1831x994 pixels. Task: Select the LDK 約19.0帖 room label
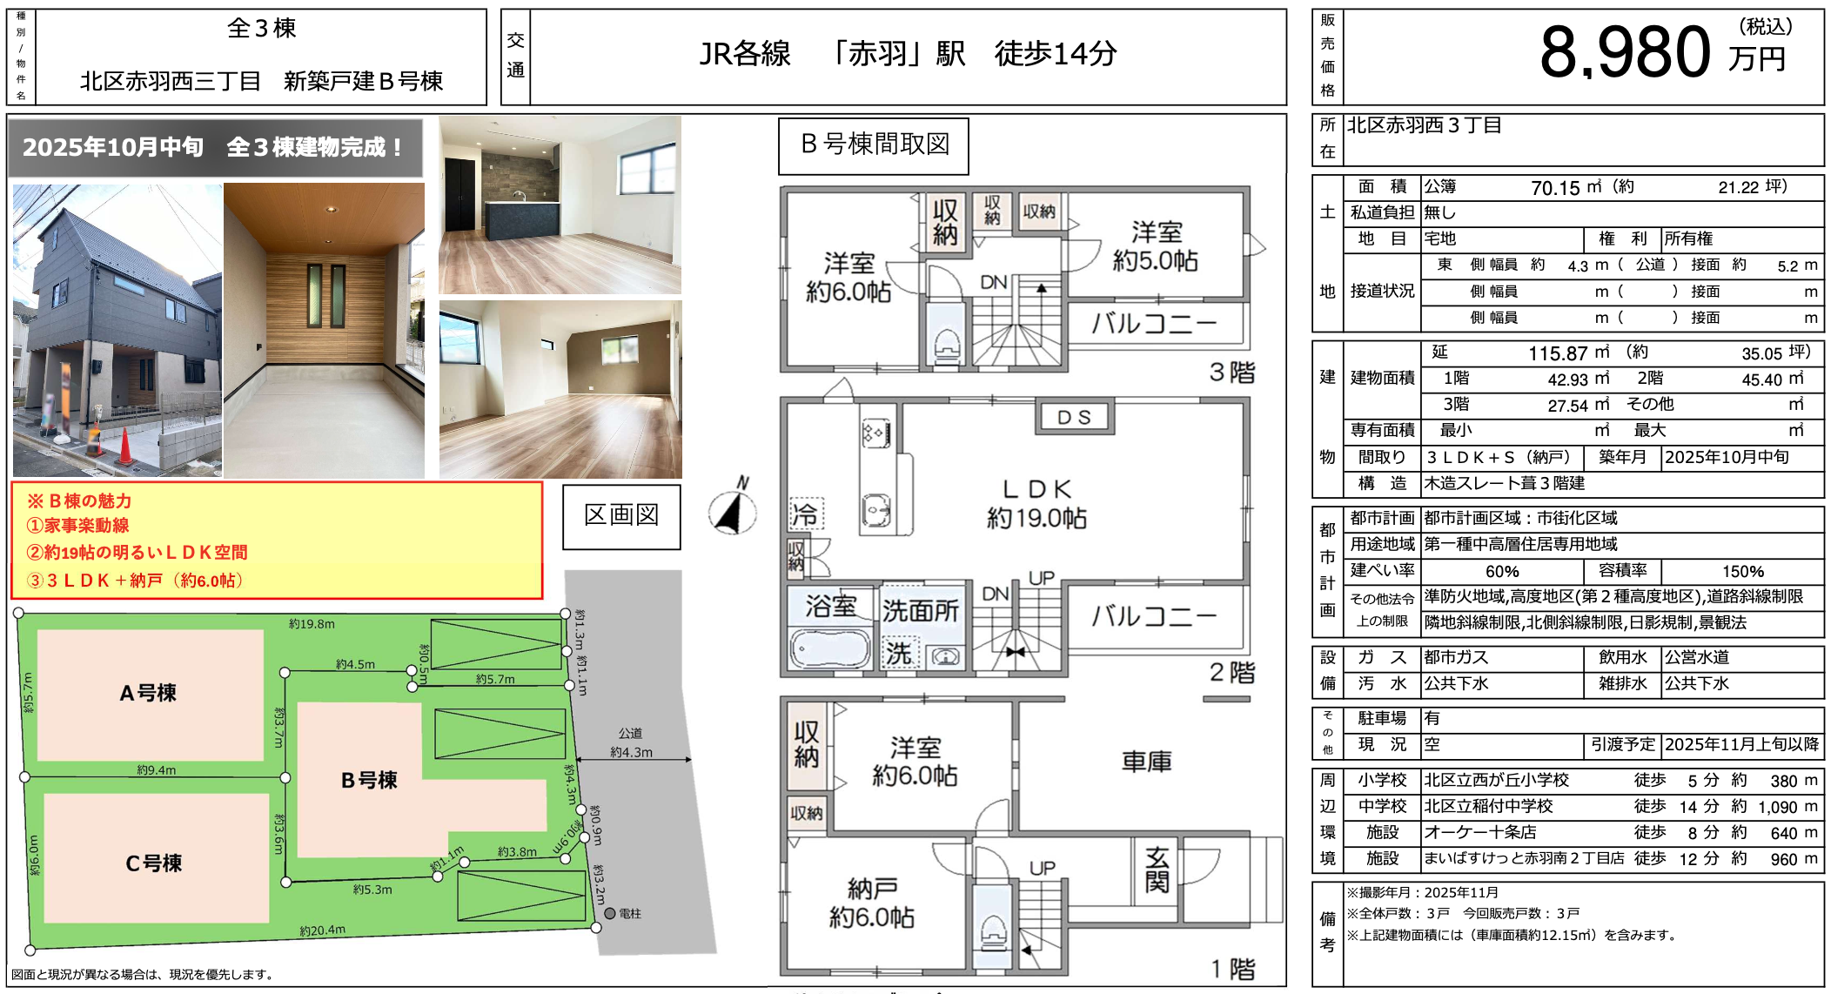pos(1036,504)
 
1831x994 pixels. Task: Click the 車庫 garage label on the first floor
pos(1146,762)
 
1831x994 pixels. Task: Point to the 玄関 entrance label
pos(1157,870)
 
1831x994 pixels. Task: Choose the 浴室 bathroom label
pos(830,606)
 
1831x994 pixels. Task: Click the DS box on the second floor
pos(1074,418)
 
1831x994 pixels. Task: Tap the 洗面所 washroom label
pos(921,611)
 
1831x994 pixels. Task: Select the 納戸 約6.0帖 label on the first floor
pos(872,903)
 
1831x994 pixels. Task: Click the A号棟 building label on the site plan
pos(148,693)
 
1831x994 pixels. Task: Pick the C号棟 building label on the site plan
pos(153,863)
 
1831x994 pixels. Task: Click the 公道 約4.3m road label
pos(631,742)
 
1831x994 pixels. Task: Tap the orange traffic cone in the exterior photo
pos(125,447)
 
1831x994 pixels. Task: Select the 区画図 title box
pos(621,516)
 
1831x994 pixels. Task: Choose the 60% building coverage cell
pos(1502,572)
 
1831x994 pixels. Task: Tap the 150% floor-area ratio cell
pos(1743,572)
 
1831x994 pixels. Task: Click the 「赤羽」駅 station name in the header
pos(896,54)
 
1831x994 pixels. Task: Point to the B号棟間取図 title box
pos(874,145)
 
